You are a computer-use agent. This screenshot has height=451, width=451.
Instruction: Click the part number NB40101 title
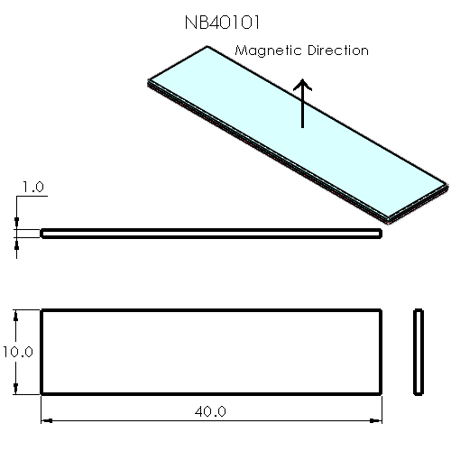click(x=224, y=21)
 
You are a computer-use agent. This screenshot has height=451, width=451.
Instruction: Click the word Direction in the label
click(x=335, y=51)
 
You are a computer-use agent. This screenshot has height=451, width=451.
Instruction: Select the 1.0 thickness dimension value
click(x=32, y=187)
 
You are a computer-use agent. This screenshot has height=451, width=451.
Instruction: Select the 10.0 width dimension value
click(x=17, y=352)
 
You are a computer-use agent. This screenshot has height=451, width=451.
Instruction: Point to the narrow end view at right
click(x=419, y=352)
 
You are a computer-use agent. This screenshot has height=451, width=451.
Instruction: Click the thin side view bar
click(x=211, y=234)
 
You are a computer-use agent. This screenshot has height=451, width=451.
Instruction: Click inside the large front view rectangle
click(x=211, y=352)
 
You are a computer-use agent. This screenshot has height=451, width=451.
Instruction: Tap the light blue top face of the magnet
click(x=298, y=135)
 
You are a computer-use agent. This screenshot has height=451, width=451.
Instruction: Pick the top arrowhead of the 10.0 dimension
click(x=16, y=315)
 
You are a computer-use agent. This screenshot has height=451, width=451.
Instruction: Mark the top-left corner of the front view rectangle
click(x=41, y=310)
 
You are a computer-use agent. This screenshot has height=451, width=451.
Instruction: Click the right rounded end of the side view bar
click(x=379, y=234)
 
